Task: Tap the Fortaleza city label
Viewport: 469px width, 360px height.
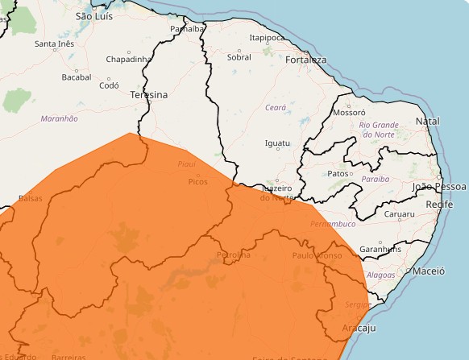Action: pos(305,60)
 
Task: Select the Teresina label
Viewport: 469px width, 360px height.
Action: pos(149,95)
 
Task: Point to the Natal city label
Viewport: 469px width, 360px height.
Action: pos(427,121)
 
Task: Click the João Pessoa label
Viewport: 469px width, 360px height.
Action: pos(439,186)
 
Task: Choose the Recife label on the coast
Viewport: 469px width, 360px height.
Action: pos(439,205)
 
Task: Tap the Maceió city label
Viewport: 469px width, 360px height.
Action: pos(428,271)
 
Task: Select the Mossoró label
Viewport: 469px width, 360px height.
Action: pos(350,114)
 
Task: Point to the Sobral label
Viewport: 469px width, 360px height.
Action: pos(239,57)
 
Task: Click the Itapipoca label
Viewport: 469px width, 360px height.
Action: pos(267,37)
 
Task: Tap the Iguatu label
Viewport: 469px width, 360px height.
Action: pos(277,143)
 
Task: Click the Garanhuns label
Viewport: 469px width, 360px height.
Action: pos(380,249)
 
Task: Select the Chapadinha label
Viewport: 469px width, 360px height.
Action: pos(129,59)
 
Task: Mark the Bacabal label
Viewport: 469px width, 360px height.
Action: pos(77,77)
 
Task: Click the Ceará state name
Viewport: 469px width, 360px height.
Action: pos(276,107)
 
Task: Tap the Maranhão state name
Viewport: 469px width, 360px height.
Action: pos(60,118)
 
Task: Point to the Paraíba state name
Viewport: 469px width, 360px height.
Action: pos(376,179)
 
